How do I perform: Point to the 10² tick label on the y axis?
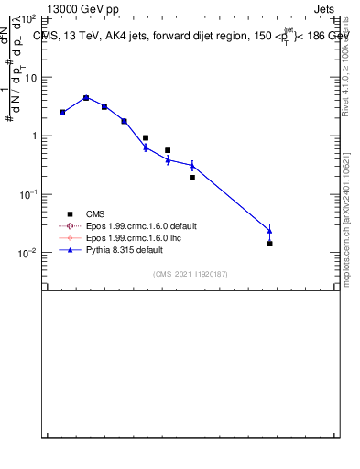[27, 18]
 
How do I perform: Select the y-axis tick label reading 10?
[30, 77]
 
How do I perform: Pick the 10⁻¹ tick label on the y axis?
[27, 194]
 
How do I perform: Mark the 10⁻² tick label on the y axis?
[27, 253]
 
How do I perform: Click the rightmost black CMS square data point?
[269, 244]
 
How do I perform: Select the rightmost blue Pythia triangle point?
[269, 230]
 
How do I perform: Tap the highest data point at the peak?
[86, 97]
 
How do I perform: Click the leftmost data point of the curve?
[62, 112]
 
